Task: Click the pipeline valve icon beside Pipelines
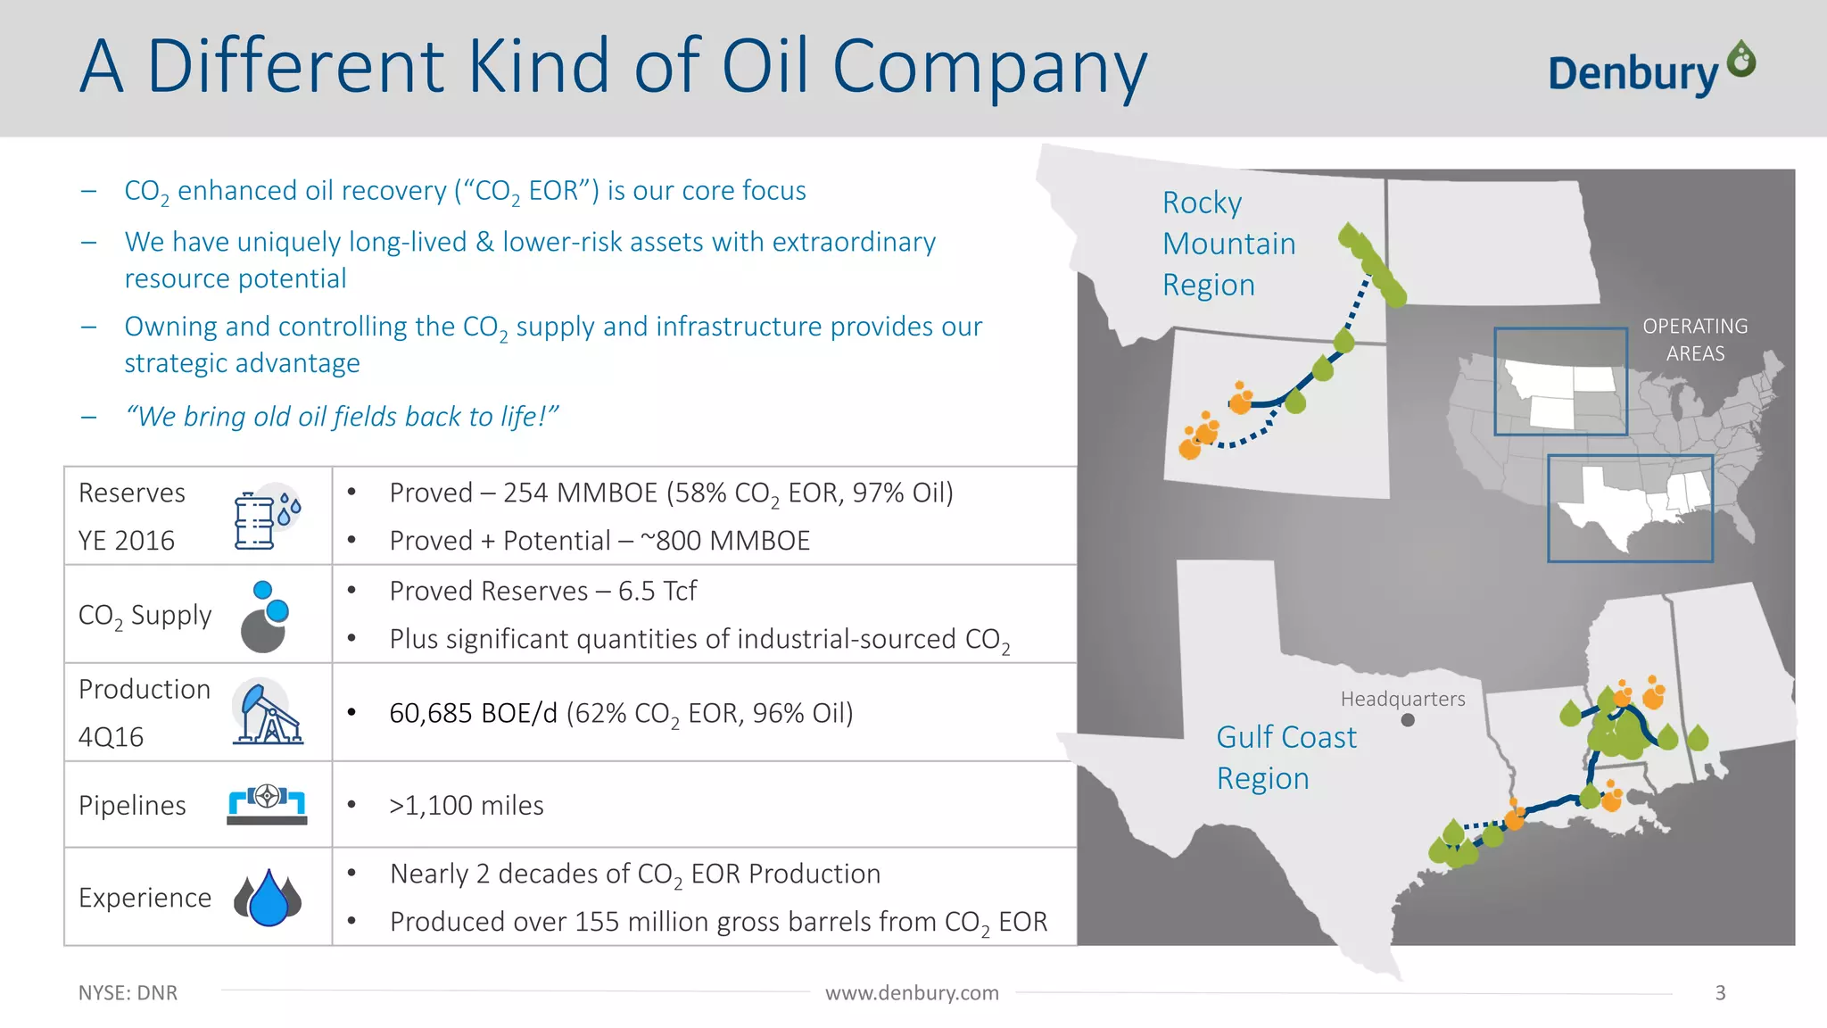(267, 802)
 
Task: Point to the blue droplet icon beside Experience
(268, 898)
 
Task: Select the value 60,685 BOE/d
(473, 714)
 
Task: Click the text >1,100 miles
(466, 806)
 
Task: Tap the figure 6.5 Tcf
(657, 592)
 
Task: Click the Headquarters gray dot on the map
(1408, 720)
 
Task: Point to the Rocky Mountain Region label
(1228, 244)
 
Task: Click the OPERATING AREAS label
(1695, 339)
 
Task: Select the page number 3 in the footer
(1720, 993)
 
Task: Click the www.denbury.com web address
(912, 993)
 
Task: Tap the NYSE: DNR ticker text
(128, 993)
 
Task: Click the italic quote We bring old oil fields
(342, 417)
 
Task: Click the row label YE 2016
(127, 541)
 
